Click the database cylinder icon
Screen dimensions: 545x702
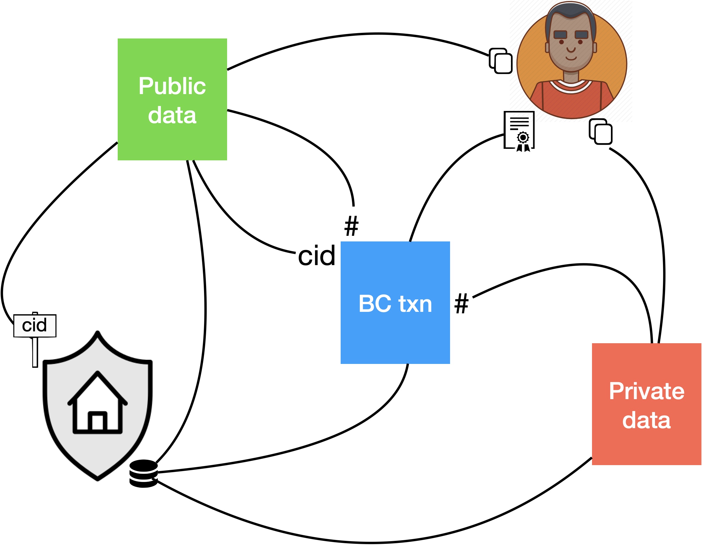(143, 473)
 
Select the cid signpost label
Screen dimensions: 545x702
(35, 325)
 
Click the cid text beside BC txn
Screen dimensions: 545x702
(317, 256)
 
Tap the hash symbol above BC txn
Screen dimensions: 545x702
(351, 226)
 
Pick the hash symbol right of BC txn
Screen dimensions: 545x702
(461, 303)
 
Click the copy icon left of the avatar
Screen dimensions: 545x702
(500, 61)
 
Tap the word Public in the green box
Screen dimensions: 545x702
(172, 86)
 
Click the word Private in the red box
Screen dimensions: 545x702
(646, 391)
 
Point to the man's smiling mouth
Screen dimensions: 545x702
(571, 58)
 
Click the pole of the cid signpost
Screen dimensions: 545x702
(35, 352)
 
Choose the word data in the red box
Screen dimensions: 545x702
(646, 420)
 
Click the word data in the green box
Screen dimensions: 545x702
(172, 115)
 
